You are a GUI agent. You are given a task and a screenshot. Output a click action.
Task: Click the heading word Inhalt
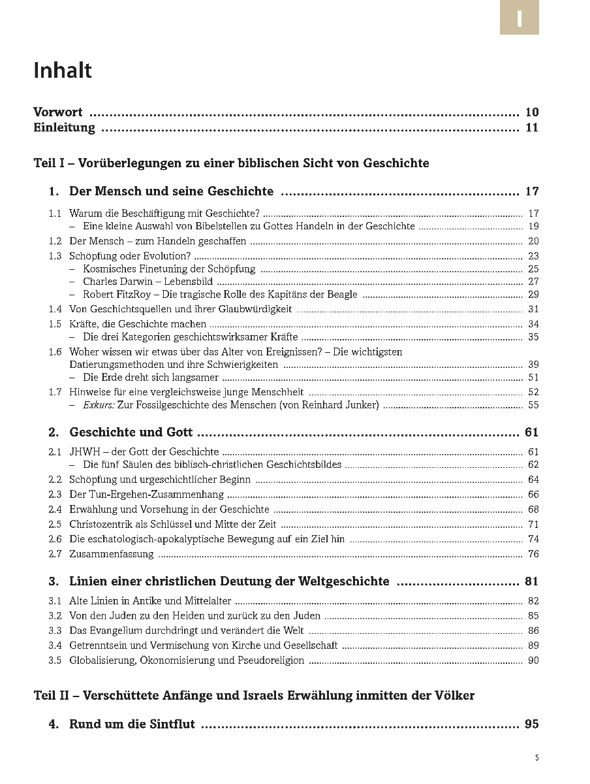[63, 70]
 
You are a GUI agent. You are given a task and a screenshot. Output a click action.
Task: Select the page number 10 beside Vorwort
[531, 112]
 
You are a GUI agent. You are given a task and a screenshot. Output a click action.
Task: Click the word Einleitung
[64, 127]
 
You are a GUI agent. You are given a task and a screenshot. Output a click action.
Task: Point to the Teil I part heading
[231, 163]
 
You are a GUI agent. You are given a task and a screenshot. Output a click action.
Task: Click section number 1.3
[55, 256]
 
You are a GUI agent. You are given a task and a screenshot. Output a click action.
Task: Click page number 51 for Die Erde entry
[533, 378]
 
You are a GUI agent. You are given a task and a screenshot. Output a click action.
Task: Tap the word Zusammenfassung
[112, 554]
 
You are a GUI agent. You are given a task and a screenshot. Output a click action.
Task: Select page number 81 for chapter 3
[531, 581]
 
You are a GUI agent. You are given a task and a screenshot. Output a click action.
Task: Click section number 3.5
[55, 660]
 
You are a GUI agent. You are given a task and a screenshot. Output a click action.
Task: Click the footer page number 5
[536, 759]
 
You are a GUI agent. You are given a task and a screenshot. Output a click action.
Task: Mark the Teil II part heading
[254, 696]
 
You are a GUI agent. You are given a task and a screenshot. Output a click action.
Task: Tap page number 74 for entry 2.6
[533, 539]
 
